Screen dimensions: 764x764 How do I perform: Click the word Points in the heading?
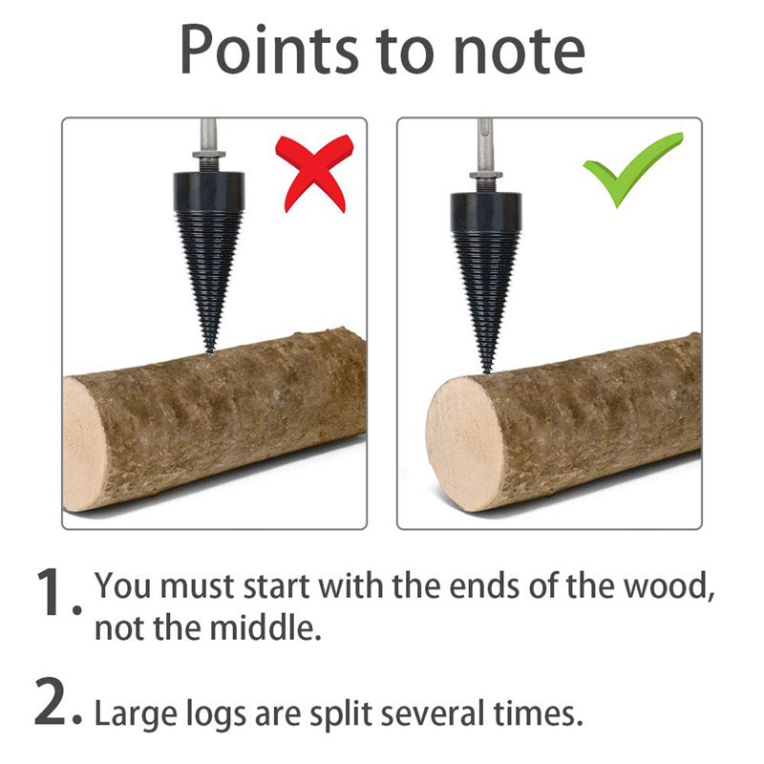pyautogui.click(x=269, y=51)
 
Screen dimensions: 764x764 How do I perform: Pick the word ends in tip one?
pyautogui.click(x=484, y=585)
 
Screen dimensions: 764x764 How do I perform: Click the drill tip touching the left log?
pyautogui.click(x=210, y=351)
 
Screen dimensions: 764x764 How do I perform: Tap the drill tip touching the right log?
pyautogui.click(x=487, y=371)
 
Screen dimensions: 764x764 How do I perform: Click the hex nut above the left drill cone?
pyautogui.click(x=209, y=155)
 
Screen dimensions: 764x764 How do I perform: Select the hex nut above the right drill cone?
pyautogui.click(x=486, y=175)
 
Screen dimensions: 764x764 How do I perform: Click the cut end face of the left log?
pyautogui.click(x=85, y=444)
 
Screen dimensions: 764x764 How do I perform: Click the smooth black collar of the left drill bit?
pyautogui.click(x=209, y=191)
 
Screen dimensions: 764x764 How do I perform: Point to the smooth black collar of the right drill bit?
pyautogui.click(x=486, y=211)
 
